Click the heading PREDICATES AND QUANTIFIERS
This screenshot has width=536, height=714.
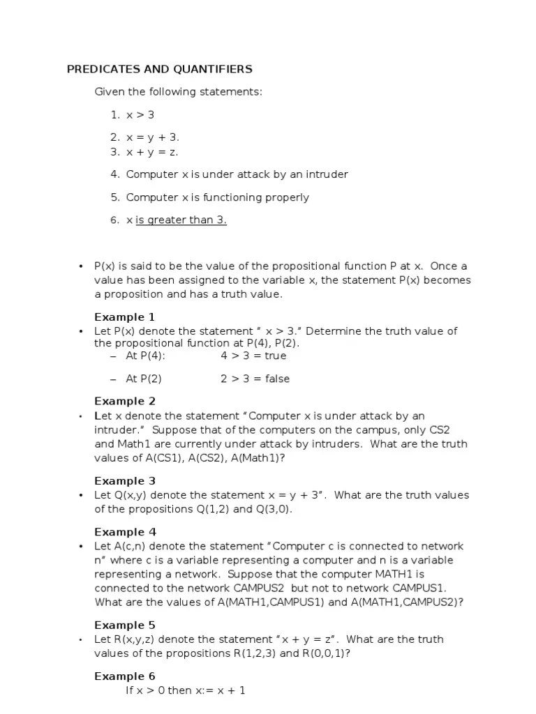pyautogui.click(x=159, y=69)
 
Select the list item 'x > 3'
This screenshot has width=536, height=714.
pyautogui.click(x=140, y=115)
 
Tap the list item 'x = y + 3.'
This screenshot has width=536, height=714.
pyautogui.click(x=153, y=138)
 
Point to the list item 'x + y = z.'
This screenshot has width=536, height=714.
pyautogui.click(x=152, y=152)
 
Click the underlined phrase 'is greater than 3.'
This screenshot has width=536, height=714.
pyautogui.click(x=181, y=220)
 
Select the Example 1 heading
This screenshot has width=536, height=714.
pyautogui.click(x=125, y=317)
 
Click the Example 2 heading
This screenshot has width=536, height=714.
pyautogui.click(x=125, y=402)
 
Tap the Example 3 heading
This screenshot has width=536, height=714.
pyautogui.click(x=125, y=481)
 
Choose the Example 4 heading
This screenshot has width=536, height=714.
pyautogui.click(x=125, y=532)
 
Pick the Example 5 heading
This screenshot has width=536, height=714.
pyautogui.click(x=125, y=625)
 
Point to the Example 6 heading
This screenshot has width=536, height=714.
pyautogui.click(x=125, y=676)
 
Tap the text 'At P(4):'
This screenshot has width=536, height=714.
pyautogui.click(x=145, y=356)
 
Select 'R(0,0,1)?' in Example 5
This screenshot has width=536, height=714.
pyautogui.click(x=327, y=653)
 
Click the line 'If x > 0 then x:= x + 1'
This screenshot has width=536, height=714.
pyautogui.click(x=185, y=691)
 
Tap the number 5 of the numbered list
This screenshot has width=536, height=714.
pyautogui.click(x=115, y=197)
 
